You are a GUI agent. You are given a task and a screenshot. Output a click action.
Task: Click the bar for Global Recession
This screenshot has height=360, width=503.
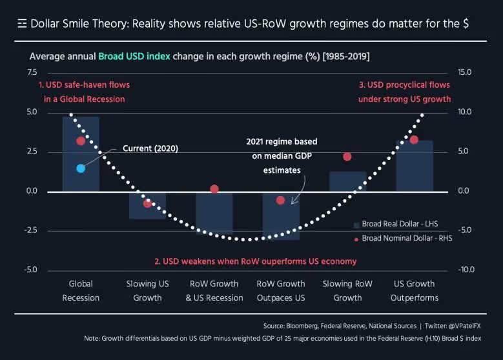coord(81,155)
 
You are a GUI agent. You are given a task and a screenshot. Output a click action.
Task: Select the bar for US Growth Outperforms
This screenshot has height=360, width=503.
coord(414,166)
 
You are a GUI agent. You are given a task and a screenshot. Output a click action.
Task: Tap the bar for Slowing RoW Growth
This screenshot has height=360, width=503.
coord(347,181)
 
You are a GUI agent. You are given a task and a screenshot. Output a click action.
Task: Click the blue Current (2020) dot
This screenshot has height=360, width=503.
coord(81,168)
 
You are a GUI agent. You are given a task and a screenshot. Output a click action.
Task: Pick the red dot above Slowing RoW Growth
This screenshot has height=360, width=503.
coord(347,157)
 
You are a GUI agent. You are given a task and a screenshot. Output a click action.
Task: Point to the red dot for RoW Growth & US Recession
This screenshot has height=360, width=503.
coord(214,189)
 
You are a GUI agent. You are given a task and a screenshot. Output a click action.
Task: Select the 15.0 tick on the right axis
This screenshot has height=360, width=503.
coord(465,72)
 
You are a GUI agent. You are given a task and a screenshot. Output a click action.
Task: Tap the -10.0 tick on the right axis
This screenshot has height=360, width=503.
coord(465,270)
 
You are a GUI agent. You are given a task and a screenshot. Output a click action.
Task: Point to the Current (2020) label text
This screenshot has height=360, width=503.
coord(150,148)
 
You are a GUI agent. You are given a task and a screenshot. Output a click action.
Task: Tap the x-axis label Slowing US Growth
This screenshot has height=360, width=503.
coord(147,290)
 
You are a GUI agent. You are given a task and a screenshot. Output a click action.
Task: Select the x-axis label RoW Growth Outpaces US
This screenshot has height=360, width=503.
coord(281,290)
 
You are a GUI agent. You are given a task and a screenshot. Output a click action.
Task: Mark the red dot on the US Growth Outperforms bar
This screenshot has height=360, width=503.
coord(414,140)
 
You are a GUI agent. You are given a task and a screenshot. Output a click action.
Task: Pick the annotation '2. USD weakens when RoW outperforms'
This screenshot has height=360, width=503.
coord(255,262)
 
